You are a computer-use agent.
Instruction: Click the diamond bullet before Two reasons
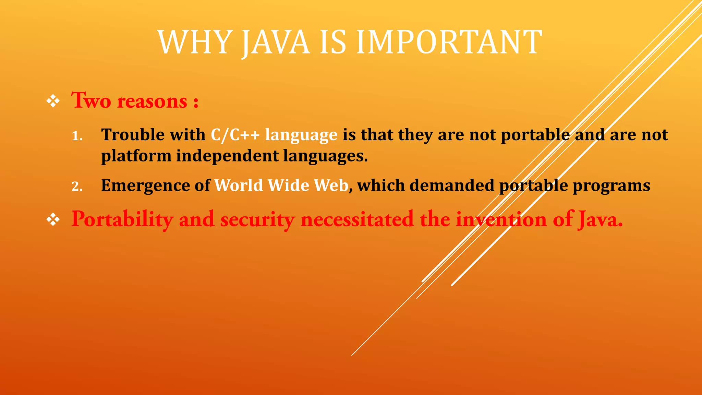[53, 101]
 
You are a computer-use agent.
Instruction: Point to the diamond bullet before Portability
[53, 220]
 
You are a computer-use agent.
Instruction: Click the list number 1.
[77, 136]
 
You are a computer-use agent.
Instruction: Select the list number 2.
[77, 187]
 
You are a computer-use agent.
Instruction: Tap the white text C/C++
[235, 135]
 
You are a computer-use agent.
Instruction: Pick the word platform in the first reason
[136, 156]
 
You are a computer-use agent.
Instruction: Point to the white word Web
[331, 185]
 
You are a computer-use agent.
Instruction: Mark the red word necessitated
[357, 220]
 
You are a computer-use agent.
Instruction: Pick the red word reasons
[152, 102]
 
